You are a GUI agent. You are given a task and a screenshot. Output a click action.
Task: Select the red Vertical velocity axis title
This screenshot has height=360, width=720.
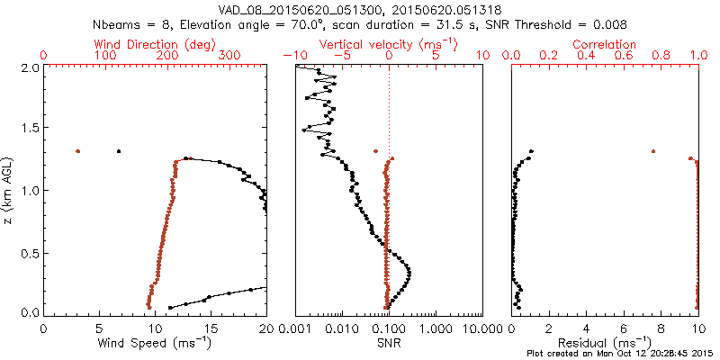pos(389,44)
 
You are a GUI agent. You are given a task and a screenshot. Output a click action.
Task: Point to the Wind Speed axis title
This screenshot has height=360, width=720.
pos(156,343)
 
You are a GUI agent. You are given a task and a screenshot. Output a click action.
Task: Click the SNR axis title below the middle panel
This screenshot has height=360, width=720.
pos(389,343)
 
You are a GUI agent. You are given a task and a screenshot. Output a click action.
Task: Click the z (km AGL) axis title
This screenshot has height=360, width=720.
pos(9,190)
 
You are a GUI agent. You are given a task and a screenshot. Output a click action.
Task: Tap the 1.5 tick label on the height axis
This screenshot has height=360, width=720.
pos(31,129)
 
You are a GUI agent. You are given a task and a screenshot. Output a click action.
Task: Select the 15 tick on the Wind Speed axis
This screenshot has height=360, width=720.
pos(211,328)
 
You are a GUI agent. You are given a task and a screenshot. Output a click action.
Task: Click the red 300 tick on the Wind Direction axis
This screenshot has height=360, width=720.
pos(229,56)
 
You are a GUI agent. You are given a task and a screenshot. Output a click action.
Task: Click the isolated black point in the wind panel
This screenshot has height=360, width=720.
pos(118,151)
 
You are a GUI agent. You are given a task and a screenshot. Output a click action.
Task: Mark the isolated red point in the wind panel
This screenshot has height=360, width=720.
pos(78,151)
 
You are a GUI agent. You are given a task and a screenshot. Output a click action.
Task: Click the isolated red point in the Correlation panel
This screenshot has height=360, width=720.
pos(653,151)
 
